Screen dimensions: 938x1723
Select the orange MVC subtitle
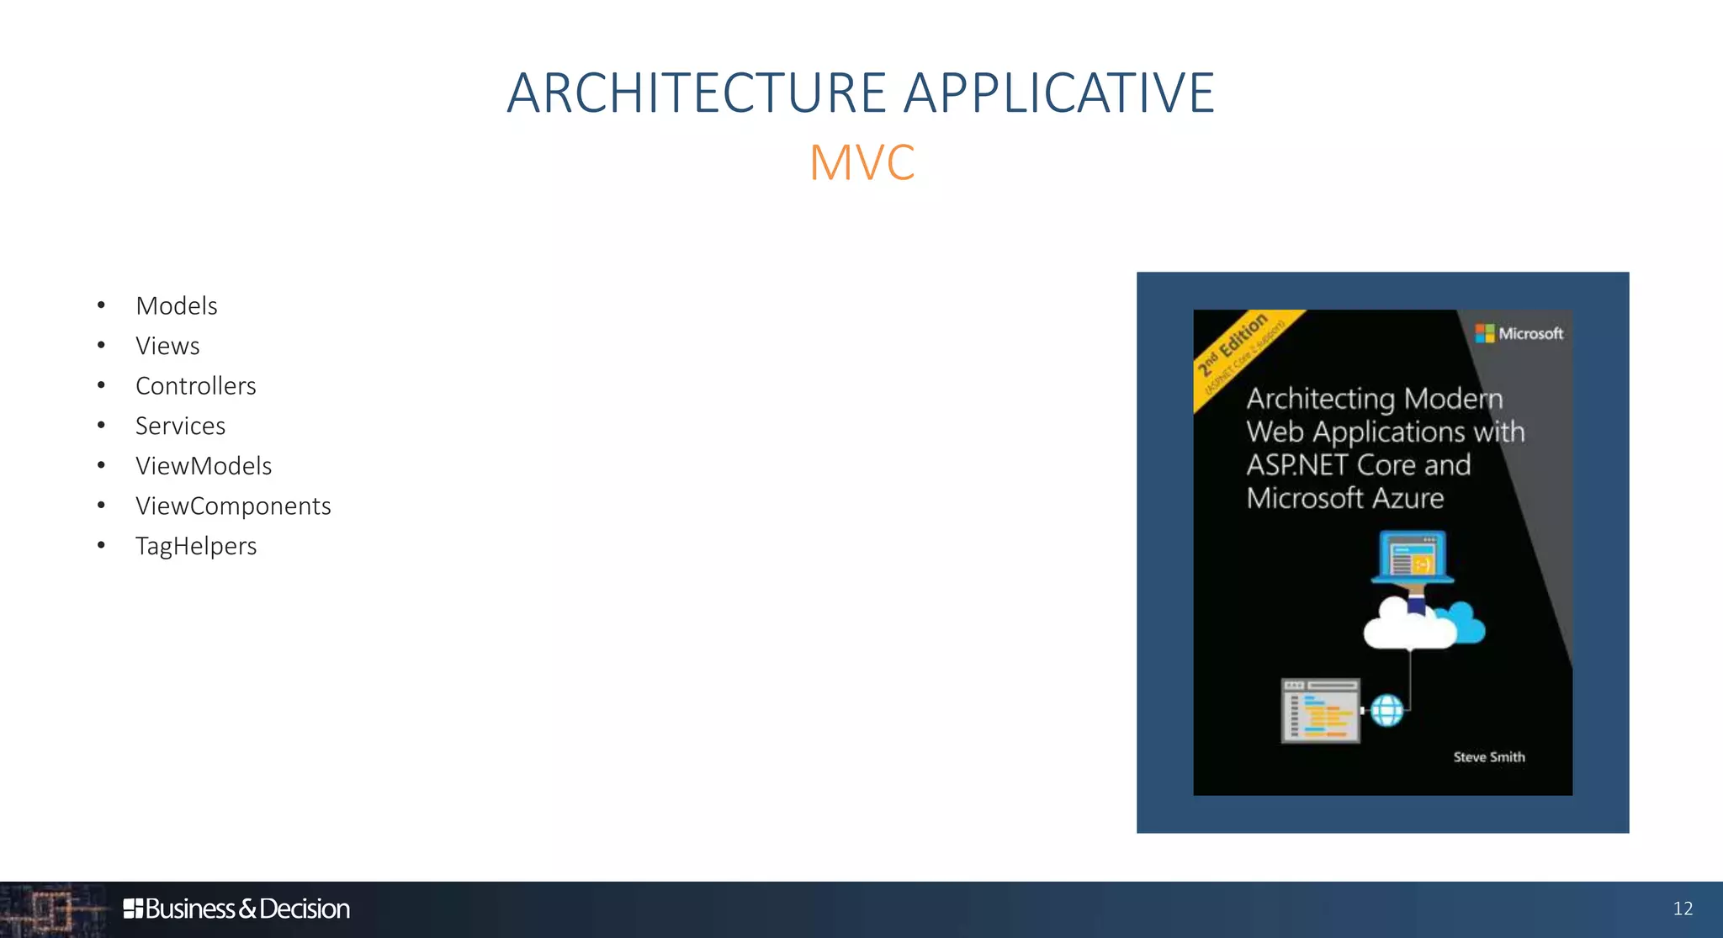(861, 162)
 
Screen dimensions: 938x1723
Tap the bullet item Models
(177, 306)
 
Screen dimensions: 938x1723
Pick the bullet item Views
(167, 346)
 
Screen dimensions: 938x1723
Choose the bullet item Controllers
(196, 386)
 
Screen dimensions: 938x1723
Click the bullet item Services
(180, 426)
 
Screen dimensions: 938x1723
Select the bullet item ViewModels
(204, 466)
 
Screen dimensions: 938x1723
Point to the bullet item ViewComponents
(233, 506)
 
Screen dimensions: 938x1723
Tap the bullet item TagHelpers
(196, 546)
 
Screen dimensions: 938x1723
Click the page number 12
(1683, 909)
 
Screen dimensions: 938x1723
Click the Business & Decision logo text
(236, 909)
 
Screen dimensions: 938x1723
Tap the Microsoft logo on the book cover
(1519, 334)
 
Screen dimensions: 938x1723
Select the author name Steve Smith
(1488, 757)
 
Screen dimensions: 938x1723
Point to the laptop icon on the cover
(1413, 557)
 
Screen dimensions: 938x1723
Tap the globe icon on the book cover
(1386, 711)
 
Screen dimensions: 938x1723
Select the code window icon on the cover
(1320, 711)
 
